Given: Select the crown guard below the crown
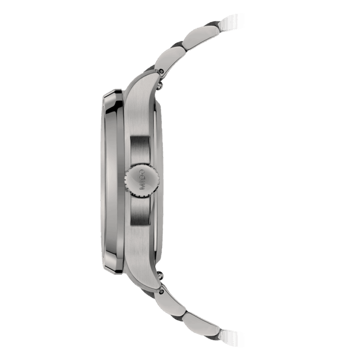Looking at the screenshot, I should [x=139, y=212].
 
